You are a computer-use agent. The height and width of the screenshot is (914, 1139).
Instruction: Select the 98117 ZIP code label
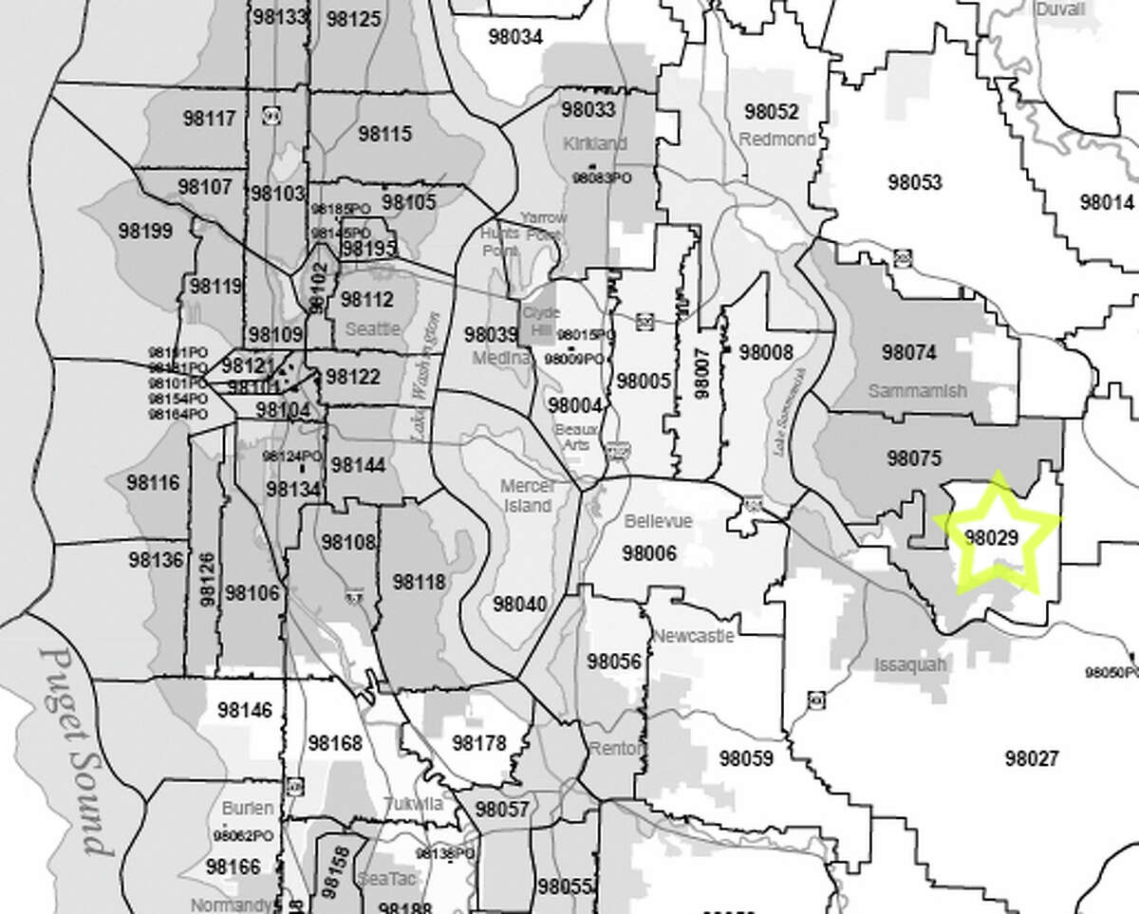point(207,119)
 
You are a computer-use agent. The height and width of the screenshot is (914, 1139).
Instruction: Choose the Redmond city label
point(777,140)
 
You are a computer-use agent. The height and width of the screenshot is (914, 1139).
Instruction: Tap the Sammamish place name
point(916,391)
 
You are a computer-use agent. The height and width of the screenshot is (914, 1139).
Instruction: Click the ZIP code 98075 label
point(913,458)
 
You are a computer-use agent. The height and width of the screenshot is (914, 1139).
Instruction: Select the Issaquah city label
point(909,664)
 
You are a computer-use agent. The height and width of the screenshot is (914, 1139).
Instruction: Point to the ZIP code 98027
point(1030,757)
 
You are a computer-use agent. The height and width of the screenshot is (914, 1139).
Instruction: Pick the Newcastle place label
point(693,635)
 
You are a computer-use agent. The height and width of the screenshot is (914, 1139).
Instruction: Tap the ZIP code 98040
point(519,605)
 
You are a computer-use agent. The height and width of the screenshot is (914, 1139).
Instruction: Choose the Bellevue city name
point(658,522)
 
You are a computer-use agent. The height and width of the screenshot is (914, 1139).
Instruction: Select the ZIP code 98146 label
point(244,710)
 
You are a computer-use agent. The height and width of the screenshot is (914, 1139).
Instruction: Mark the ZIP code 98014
point(1107,202)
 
